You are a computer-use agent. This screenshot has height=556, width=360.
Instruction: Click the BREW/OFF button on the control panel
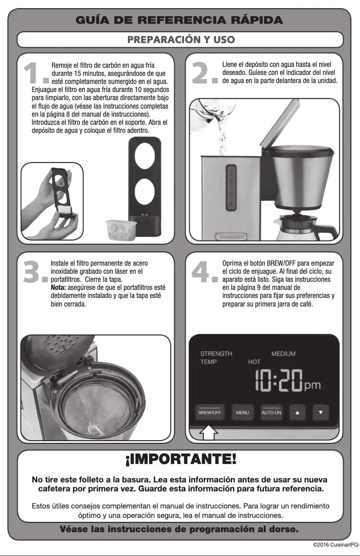(x=210, y=412)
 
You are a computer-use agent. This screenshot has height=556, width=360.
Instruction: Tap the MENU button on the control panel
(x=242, y=412)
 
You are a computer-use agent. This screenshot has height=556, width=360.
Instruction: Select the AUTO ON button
(x=272, y=412)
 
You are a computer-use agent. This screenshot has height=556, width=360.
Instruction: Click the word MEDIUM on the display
(x=283, y=354)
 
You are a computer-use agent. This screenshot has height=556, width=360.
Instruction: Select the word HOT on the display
(x=254, y=362)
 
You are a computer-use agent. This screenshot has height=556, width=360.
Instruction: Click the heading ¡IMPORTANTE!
(x=180, y=459)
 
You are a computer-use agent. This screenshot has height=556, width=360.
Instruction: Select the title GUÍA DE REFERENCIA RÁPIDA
(x=180, y=20)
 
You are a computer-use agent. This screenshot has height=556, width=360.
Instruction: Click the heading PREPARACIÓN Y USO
(x=180, y=39)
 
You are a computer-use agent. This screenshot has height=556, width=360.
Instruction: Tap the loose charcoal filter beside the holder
(x=117, y=229)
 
